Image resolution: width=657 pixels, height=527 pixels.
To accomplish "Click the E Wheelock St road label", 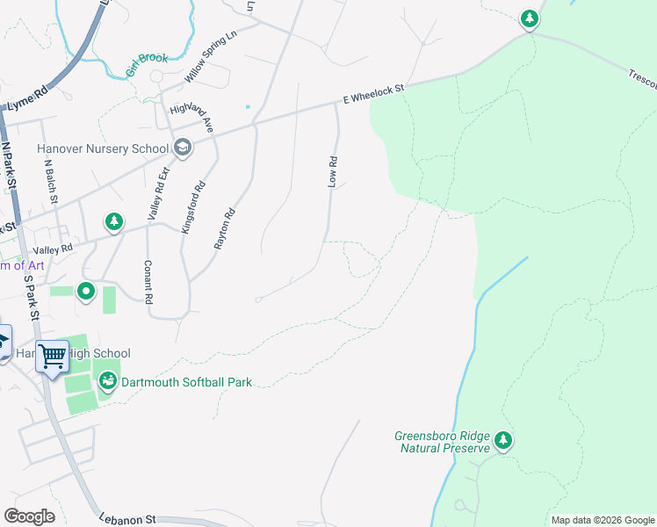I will tap(373, 93).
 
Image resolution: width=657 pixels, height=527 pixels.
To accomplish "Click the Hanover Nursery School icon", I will tap(183, 147).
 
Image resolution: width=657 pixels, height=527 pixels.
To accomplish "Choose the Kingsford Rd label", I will tap(193, 206).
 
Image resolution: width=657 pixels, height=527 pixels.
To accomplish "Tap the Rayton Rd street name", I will tap(226, 228).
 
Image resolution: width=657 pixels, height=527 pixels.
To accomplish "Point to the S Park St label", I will tap(32, 299).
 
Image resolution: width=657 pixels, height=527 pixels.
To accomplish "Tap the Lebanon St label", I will tap(126, 519).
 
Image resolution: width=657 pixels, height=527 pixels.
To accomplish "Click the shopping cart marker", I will tap(53, 357).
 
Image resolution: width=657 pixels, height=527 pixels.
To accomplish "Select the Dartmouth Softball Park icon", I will tap(107, 381).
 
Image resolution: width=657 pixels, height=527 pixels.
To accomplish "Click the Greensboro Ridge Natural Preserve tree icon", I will tap(502, 439).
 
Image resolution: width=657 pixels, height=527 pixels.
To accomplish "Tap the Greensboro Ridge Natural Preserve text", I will tap(441, 441).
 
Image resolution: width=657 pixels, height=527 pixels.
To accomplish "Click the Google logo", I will tap(29, 516).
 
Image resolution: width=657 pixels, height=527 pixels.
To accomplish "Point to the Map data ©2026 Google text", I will tap(603, 520).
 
